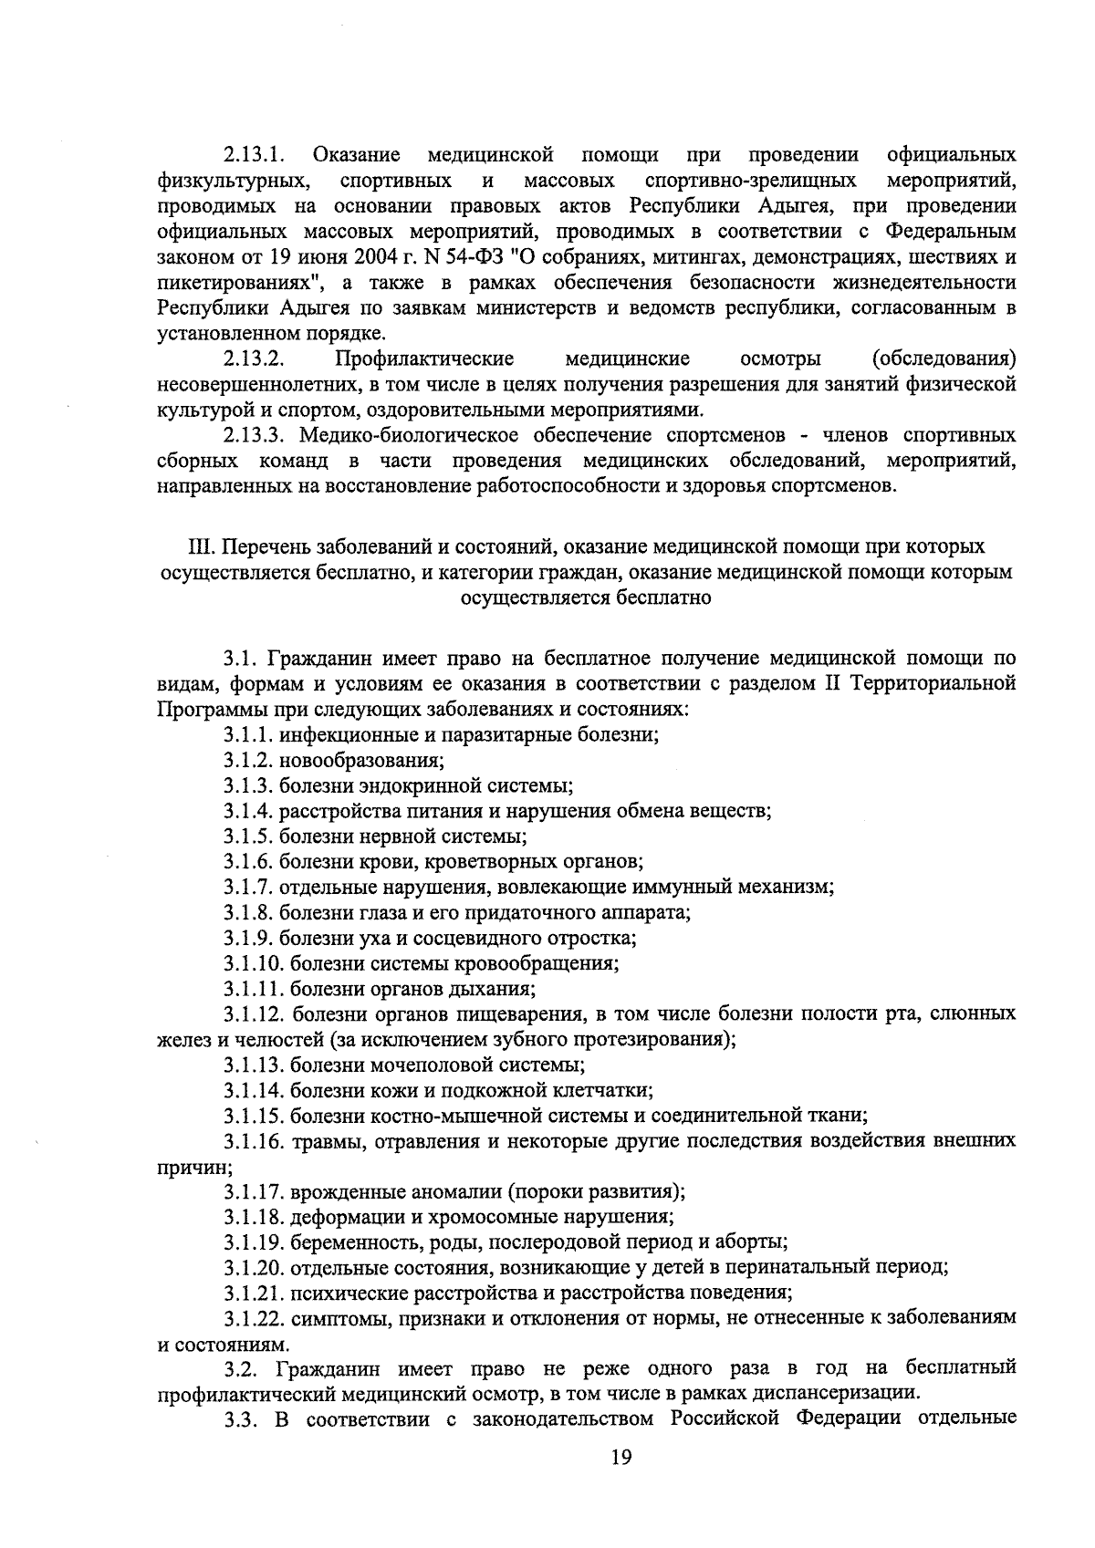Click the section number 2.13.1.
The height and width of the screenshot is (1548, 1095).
tap(255, 152)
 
